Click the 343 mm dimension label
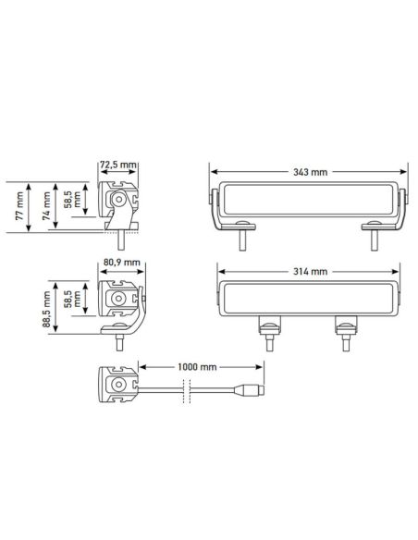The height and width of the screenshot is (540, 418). (x=309, y=172)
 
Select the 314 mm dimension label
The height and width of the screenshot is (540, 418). (x=309, y=272)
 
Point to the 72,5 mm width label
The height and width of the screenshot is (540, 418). (x=117, y=166)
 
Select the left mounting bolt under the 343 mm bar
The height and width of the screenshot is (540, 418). (x=242, y=239)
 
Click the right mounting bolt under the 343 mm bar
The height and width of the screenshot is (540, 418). (x=375, y=239)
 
